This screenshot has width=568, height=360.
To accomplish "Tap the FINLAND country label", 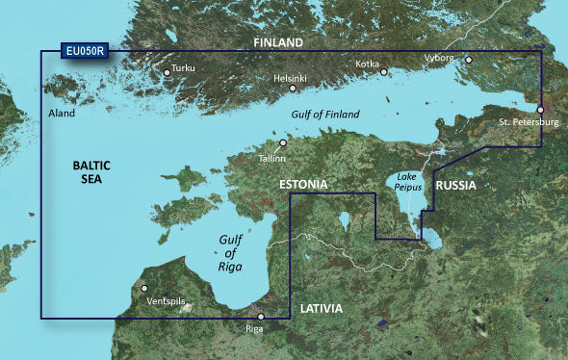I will [x=277, y=43].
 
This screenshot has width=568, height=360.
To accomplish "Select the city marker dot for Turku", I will [x=167, y=71].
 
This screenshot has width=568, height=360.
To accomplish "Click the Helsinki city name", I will [x=291, y=77].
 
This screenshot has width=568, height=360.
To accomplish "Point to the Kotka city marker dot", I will [x=383, y=71].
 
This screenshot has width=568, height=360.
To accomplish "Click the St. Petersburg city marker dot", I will [x=540, y=110].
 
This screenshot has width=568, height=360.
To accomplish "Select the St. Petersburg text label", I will [x=529, y=123].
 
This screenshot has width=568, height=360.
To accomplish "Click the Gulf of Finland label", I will [x=324, y=115].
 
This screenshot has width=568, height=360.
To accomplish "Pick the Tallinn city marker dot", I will [x=283, y=142].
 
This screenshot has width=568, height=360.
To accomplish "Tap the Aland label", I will [x=61, y=113].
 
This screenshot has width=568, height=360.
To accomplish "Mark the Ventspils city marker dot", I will [x=144, y=288].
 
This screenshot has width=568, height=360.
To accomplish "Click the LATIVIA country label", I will [x=320, y=309].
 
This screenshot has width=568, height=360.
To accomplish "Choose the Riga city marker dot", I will [x=260, y=317].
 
